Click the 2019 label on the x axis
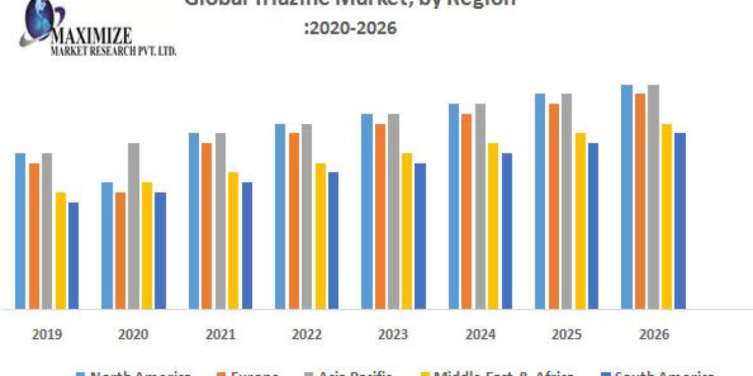(47, 334)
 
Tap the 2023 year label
(393, 334)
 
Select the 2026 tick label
(653, 334)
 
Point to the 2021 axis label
(220, 334)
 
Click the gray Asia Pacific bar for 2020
(134, 226)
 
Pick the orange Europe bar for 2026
(640, 201)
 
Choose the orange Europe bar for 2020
(120, 250)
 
